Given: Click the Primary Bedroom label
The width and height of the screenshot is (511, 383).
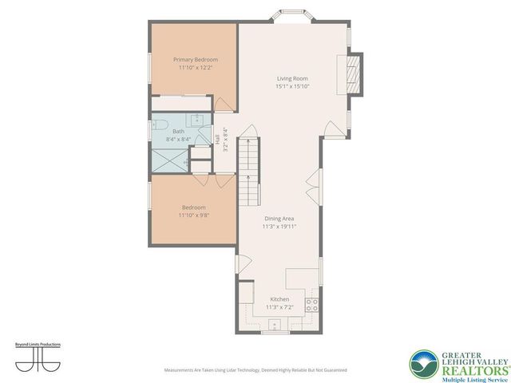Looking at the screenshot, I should coord(196,60).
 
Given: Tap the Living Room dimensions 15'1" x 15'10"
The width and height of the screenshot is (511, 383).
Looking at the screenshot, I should coord(292,87).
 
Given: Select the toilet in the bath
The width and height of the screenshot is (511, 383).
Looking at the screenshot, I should coord(158,125).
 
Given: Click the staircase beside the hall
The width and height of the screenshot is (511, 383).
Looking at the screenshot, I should coord(251,167).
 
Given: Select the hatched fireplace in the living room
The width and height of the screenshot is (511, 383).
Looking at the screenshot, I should coord(356,70).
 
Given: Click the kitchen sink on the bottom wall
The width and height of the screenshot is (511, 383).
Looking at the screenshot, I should coord(274,325).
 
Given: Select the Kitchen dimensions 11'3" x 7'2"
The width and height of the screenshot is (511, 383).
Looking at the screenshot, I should coord(279,307).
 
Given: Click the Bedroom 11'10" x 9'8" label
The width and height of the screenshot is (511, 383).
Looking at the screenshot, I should coord(193,211).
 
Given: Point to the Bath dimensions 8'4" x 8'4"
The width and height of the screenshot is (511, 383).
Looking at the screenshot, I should coord(178,140).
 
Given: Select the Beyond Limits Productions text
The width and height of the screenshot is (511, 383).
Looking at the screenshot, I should coord(38,345).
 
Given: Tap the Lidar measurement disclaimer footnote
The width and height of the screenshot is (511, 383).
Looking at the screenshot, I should coord(255,370).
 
